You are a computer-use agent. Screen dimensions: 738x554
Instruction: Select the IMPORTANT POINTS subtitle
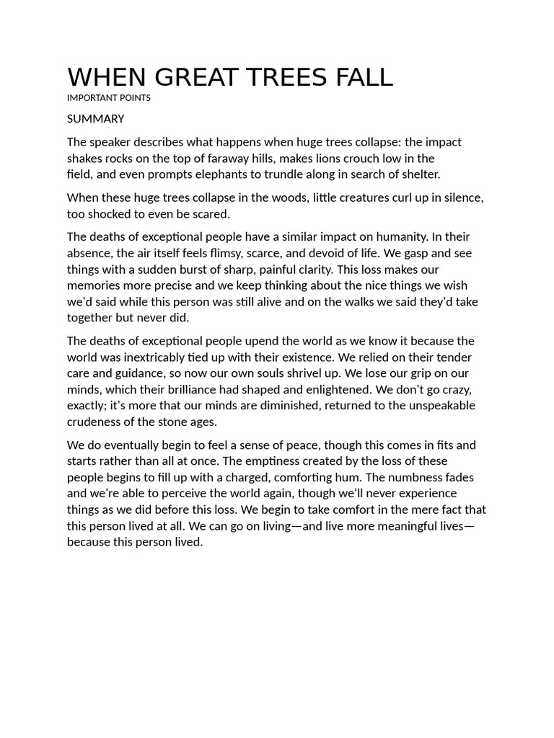109,98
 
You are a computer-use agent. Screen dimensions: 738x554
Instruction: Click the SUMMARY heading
96,119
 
